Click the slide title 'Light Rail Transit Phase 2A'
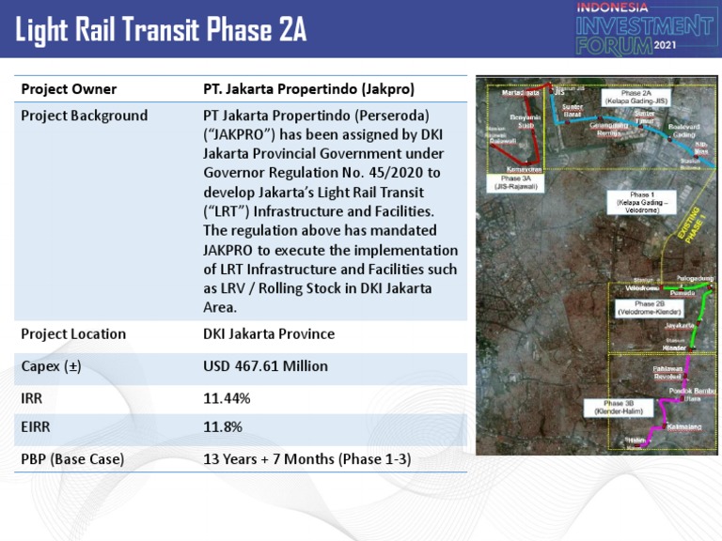pos(161,30)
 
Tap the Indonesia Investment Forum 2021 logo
pos(644,27)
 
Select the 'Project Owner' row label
pos(69,89)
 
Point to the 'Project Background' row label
pos(84,116)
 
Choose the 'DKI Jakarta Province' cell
pos(269,334)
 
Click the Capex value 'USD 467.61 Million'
pos(265,366)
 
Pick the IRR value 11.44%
pos(228,398)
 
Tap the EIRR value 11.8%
pos(223,427)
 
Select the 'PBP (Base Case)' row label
pos(72,459)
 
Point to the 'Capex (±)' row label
pos(51,366)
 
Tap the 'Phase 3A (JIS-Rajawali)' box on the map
pos(515,182)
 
